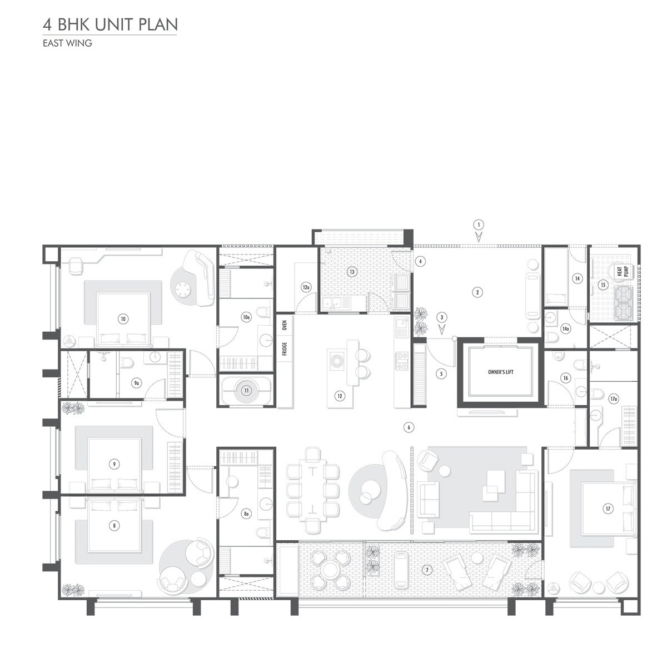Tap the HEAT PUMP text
tap(622, 271)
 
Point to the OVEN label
tap(284, 326)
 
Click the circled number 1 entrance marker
tap(477, 225)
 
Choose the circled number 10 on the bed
tap(123, 318)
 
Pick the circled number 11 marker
tap(246, 391)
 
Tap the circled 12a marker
tap(305, 287)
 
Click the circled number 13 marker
tap(351, 272)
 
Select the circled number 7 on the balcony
tap(426, 570)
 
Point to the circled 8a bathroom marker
tap(246, 515)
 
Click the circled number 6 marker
tap(409, 427)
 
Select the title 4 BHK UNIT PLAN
tap(110, 25)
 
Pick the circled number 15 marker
tap(603, 285)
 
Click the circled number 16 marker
tap(565, 378)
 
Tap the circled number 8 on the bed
tap(114, 525)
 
